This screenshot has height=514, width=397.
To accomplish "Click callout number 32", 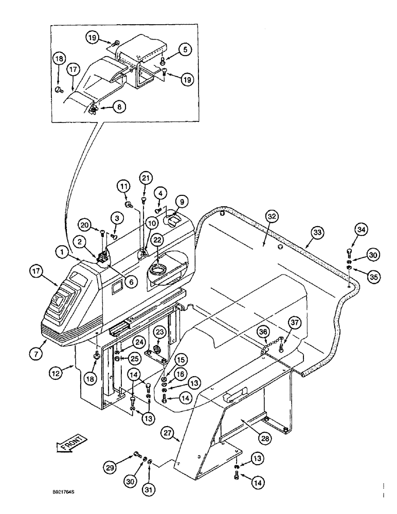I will [x=271, y=217].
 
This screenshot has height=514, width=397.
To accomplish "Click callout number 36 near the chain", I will [x=263, y=333].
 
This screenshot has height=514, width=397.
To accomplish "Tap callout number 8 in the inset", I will [x=120, y=107].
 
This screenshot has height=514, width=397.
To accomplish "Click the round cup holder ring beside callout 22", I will [x=156, y=268].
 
